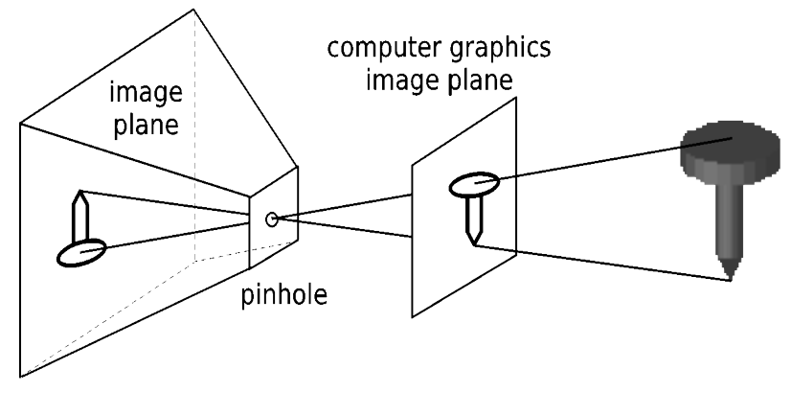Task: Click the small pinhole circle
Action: [x=272, y=219]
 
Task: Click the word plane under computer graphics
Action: [x=483, y=79]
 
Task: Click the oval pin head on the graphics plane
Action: [x=474, y=183]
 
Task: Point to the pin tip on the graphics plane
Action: [x=474, y=243]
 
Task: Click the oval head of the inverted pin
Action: [x=82, y=253]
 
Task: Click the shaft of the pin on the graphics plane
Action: [x=471, y=219]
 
